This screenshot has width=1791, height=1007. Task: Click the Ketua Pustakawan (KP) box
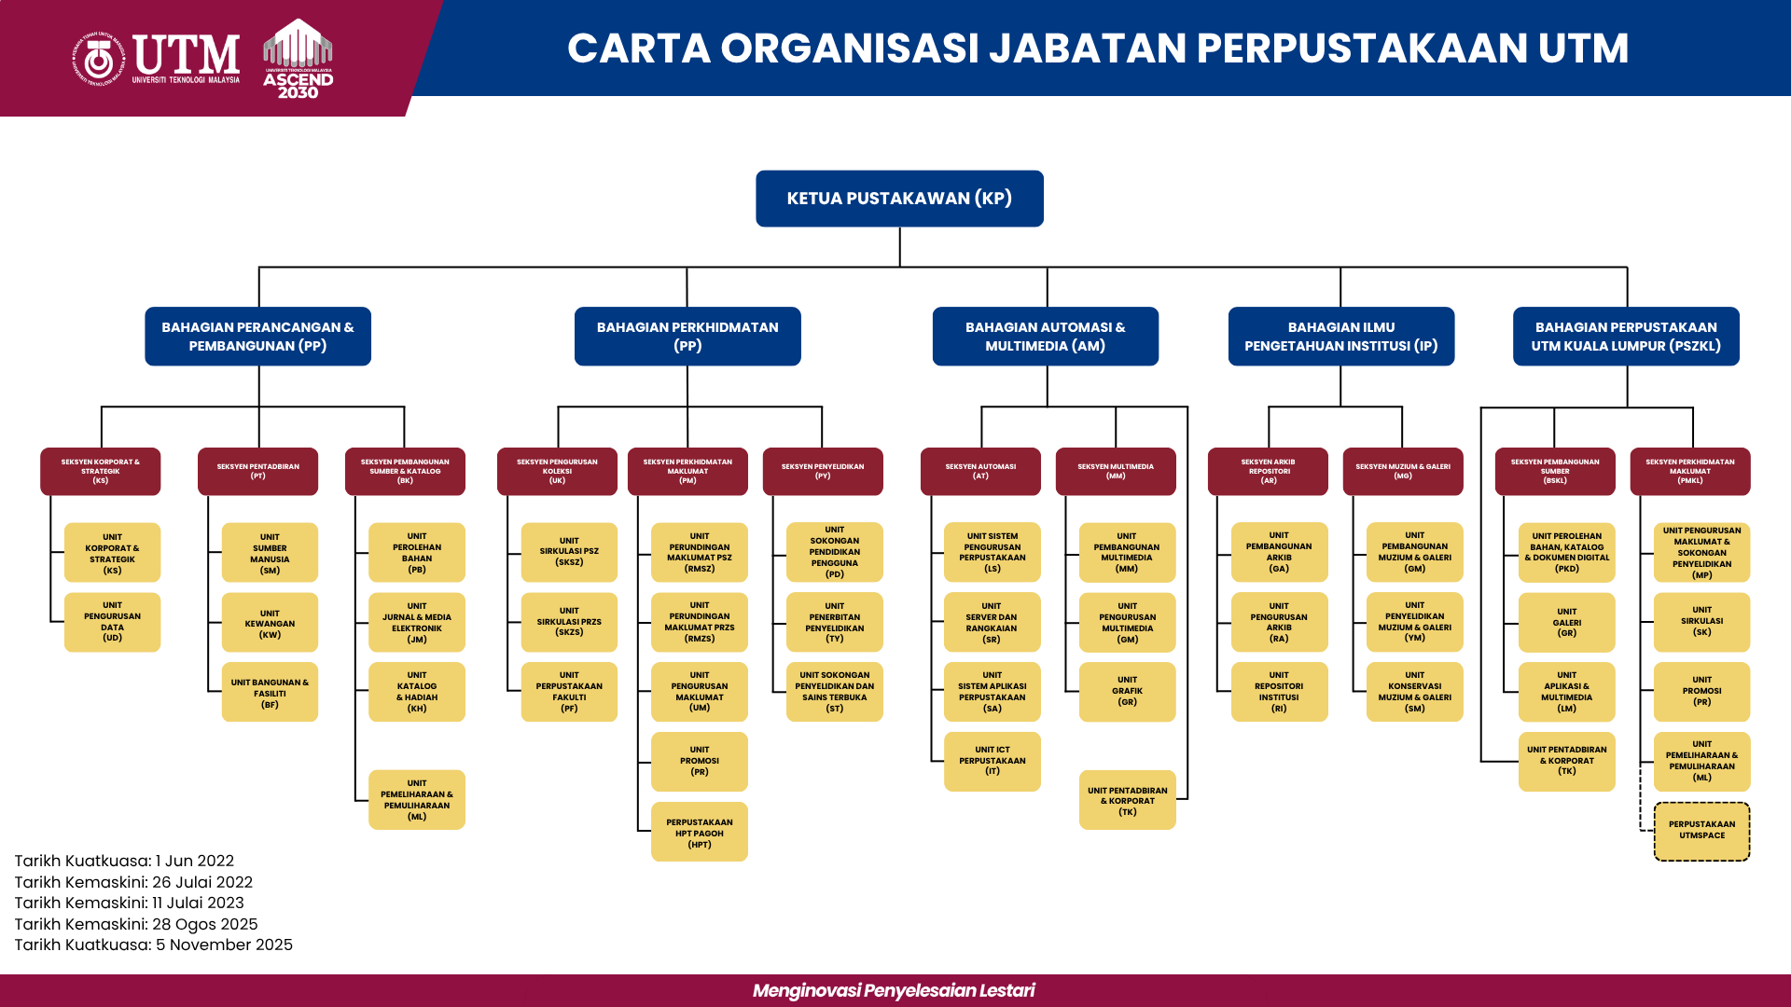click(899, 199)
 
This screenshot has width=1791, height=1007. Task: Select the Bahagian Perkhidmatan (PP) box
click(687, 337)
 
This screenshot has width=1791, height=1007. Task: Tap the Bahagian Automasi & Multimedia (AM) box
click(1045, 337)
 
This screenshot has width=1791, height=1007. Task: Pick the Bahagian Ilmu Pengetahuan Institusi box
click(1340, 337)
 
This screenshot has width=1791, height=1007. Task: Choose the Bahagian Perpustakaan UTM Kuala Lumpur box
click(1625, 337)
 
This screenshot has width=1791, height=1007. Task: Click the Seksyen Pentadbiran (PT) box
click(257, 471)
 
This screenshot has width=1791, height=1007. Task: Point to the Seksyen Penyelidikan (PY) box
click(822, 471)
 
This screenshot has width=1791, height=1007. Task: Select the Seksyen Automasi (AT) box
click(979, 471)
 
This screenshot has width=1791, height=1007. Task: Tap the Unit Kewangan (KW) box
click(270, 623)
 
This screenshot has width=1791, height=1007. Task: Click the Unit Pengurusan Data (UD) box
click(112, 622)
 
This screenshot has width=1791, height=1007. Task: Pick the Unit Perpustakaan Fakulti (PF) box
click(569, 692)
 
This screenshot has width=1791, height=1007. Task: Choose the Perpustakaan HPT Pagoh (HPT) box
click(699, 832)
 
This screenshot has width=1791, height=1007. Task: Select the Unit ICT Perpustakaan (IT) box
click(992, 761)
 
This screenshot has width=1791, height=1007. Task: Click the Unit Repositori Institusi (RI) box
click(1279, 692)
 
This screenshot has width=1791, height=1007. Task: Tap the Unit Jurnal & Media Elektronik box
click(416, 622)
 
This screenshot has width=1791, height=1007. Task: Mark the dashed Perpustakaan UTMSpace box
click(1701, 831)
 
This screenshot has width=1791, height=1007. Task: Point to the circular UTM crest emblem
click(99, 60)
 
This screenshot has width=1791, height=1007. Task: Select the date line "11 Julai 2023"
click(130, 903)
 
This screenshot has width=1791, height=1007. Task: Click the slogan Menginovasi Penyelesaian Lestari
click(894, 990)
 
